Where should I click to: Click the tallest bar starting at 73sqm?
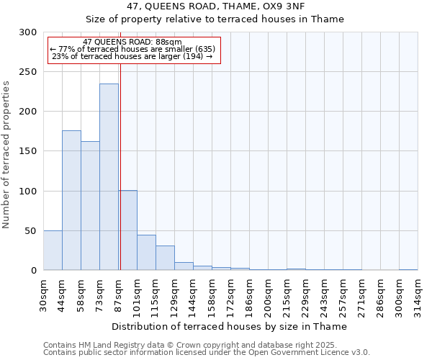pos(109,177)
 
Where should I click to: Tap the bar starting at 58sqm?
pos(90,206)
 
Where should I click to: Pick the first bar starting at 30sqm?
pos(53,251)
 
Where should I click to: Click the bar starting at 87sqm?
pos(128,230)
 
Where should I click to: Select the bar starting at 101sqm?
pos(146,253)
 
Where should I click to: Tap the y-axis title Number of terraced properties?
pos(6,155)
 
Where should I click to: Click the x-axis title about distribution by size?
pos(230,326)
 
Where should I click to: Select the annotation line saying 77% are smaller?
pos(132,49)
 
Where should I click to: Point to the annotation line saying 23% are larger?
pos(132,56)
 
